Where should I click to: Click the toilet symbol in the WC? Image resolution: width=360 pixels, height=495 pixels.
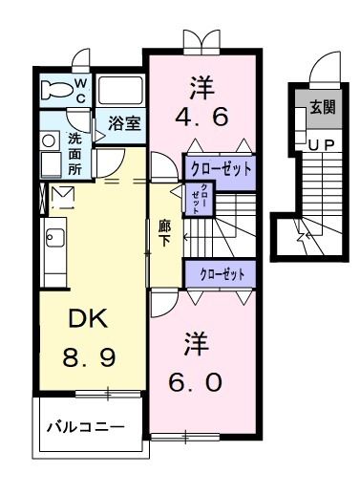click(58, 91)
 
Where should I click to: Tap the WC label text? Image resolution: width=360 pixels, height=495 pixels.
click(80, 90)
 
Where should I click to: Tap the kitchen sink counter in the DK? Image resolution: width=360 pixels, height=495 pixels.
click(53, 253)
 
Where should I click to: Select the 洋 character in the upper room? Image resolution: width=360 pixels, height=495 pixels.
click(201, 87)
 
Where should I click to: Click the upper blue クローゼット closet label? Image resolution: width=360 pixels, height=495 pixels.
click(222, 169)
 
